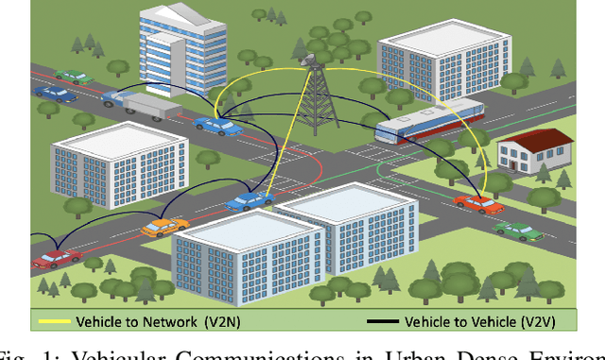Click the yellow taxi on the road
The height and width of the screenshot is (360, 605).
coord(164,226)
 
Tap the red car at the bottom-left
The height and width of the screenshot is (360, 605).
coord(57,257)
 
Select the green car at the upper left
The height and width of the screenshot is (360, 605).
coord(73,75)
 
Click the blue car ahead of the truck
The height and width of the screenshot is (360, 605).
coord(218,125)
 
